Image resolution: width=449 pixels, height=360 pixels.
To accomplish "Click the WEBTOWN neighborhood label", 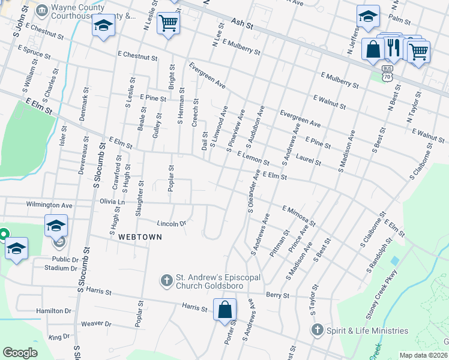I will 140,237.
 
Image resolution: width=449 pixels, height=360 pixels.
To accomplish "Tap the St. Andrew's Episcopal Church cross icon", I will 167,280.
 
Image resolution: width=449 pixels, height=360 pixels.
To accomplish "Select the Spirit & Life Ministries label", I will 367,331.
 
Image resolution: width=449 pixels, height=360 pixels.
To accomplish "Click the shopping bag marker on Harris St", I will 225,311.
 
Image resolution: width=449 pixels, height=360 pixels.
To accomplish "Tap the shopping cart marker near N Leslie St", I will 169,23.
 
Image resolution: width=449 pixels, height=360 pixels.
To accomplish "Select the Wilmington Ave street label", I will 49,205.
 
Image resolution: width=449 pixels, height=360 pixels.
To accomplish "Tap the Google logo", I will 20,353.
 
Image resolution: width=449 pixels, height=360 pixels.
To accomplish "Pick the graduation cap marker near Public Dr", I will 16,248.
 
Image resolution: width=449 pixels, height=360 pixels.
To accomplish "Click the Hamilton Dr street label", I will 53,311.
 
